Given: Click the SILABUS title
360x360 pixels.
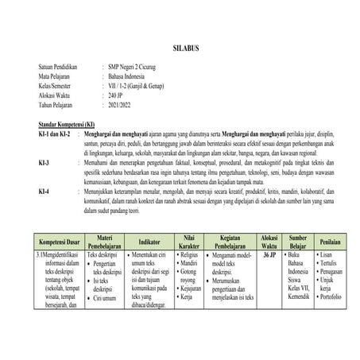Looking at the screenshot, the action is click(180, 49).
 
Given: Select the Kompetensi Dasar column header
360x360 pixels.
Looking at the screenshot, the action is click(55, 241).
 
